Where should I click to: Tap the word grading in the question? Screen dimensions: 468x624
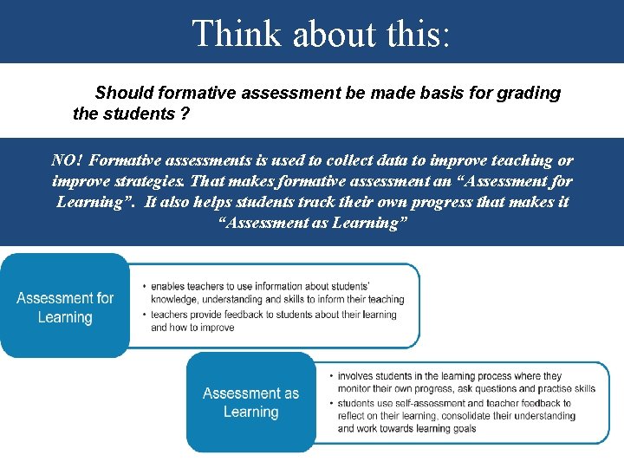coord(529,93)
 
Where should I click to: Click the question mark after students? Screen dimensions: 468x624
coord(186,114)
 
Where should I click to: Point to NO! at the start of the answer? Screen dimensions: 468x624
coord(67,160)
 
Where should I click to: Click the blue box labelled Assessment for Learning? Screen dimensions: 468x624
coord(65,308)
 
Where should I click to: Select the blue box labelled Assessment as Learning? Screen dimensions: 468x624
coord(250,402)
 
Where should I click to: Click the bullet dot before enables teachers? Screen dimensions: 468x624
coord(142,286)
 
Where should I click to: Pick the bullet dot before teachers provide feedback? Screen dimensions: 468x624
coord(142,315)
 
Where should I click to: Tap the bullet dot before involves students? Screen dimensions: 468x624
coord(329,376)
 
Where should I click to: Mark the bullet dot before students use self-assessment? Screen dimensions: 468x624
coord(329,403)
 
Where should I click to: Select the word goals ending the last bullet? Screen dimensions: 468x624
coord(458,428)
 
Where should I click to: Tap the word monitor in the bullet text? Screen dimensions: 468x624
coord(355,389)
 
